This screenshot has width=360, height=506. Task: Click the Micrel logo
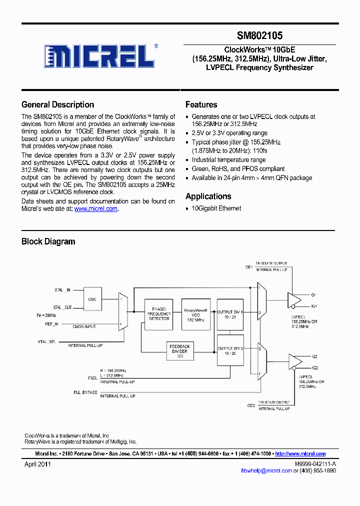[100, 55]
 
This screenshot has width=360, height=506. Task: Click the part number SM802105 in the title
[259, 35]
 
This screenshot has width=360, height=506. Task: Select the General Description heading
[57, 104]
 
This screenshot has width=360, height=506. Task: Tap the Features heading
[201, 104]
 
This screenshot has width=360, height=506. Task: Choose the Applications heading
[208, 196]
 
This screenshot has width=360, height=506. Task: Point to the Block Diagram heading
[48, 241]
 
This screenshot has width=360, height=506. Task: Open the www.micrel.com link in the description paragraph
[96, 209]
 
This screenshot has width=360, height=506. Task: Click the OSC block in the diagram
[92, 299]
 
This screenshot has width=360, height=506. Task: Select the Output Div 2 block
[229, 351]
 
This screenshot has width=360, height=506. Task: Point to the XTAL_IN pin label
[62, 290]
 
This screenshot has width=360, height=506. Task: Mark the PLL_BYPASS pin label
[85, 392]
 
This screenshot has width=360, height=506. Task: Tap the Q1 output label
[314, 295]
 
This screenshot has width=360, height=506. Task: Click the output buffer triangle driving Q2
[294, 361]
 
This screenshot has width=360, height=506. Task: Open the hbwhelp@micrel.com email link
[266, 470]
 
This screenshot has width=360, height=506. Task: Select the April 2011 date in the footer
[38, 464]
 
